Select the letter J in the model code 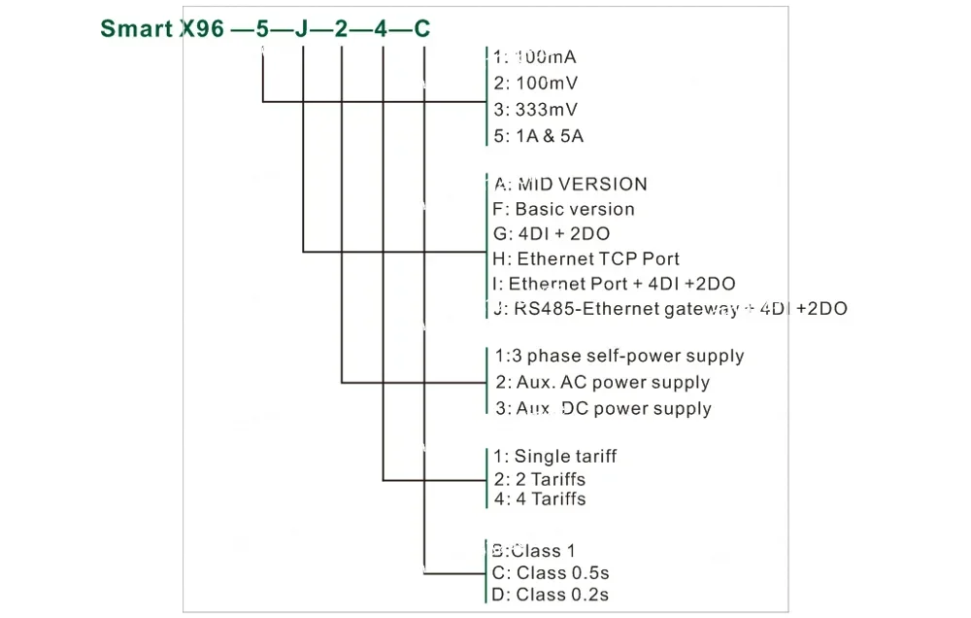click(x=301, y=29)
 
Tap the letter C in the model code click(x=422, y=29)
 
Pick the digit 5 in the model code click(x=261, y=29)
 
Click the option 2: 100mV click(x=535, y=83)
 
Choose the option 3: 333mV click(x=535, y=109)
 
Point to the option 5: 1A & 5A click(x=538, y=136)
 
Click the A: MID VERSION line click(x=570, y=184)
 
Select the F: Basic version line click(x=563, y=209)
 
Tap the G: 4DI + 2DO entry click(x=552, y=234)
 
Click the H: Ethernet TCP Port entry click(x=586, y=259)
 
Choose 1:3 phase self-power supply click(x=619, y=356)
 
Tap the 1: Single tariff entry click(x=554, y=456)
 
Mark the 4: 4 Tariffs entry click(x=540, y=499)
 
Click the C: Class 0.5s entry click(x=551, y=572)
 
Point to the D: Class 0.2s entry click(x=551, y=595)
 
